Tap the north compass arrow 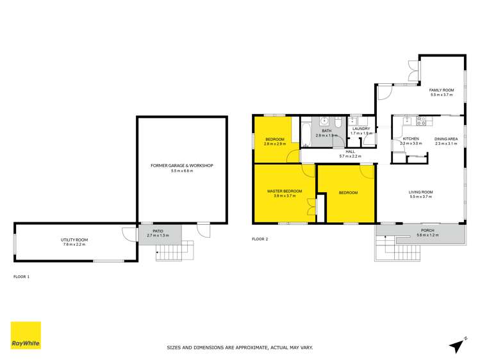[x=456, y=346]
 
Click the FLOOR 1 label [x=22, y=276]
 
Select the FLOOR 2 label [x=260, y=240]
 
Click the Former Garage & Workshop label [x=181, y=165]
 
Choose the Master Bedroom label [x=284, y=191]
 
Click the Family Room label [x=442, y=90]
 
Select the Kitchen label [x=410, y=138]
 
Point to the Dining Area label [x=445, y=138]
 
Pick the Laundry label [x=361, y=129]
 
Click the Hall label [x=350, y=152]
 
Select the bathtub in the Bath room [x=305, y=133]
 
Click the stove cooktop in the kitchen [x=422, y=120]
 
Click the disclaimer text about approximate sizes [x=240, y=348]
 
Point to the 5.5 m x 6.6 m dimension [x=181, y=171]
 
